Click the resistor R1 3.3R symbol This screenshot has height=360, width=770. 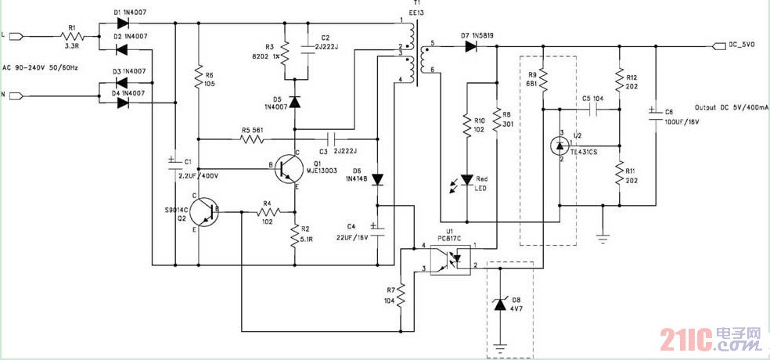coord(72,36)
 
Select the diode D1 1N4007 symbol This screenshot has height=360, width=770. coord(122,23)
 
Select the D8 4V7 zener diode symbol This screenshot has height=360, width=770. coord(501,304)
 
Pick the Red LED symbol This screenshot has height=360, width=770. coord(467,180)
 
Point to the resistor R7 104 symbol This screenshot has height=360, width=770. coord(401,296)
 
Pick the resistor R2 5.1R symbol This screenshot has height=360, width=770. coord(295,232)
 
